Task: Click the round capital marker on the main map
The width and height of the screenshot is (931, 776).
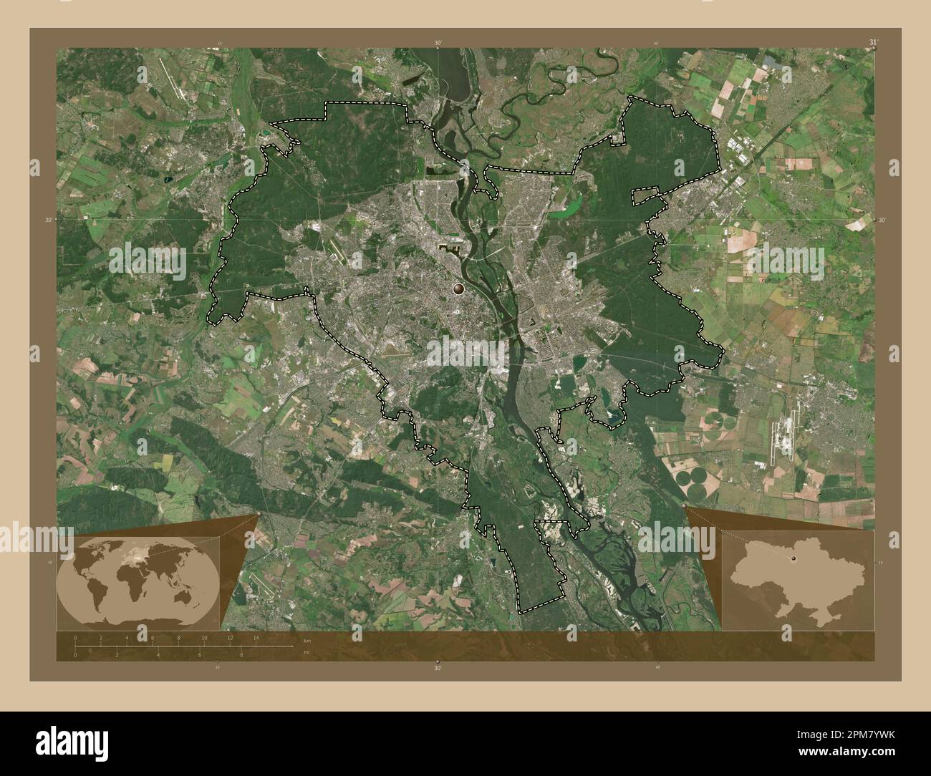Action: click(x=458, y=288)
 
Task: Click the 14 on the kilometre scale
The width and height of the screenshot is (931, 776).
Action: click(x=256, y=637)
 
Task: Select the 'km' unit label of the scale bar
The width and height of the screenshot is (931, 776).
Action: click(x=307, y=639)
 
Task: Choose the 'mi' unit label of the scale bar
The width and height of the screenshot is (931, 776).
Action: click(x=306, y=653)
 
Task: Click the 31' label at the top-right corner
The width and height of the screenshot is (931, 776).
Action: click(x=872, y=42)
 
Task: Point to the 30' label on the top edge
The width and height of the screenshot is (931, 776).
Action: click(x=438, y=43)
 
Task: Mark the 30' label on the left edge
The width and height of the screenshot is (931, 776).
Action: click(x=48, y=220)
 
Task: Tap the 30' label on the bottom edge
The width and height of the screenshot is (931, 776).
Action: click(x=438, y=668)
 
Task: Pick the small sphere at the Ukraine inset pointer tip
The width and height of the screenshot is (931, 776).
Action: click(x=685, y=507)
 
